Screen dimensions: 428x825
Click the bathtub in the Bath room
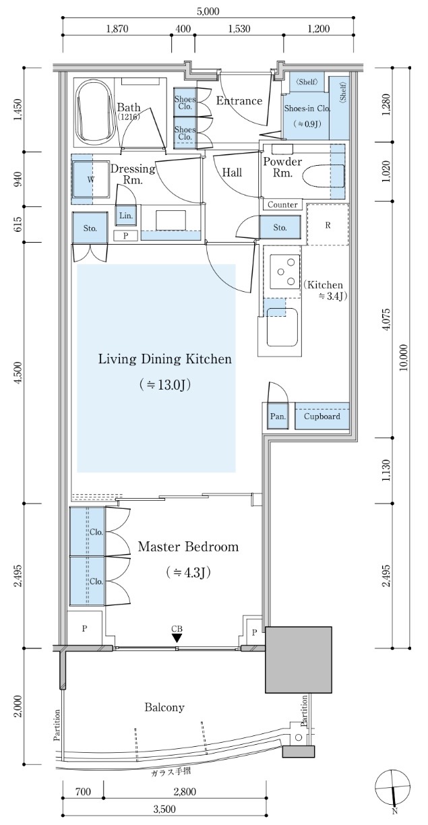[94, 114]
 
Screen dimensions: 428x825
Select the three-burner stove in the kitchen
[285, 272]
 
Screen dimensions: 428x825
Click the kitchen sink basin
[282, 328]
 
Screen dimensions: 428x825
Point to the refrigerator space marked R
[328, 224]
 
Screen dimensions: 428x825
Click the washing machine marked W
[91, 179]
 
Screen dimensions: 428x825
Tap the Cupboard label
[322, 417]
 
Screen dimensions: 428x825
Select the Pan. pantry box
[278, 416]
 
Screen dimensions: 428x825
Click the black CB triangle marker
[177, 638]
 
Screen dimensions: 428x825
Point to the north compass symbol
[393, 787]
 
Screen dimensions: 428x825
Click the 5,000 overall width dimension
[208, 11]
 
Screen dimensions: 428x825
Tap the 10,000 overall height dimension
[404, 357]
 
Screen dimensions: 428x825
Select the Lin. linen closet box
[126, 216]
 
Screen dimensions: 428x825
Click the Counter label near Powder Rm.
[282, 205]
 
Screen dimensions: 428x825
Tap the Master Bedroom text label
[188, 547]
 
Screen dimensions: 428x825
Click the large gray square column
[299, 660]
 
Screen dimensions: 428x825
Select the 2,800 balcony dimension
[185, 790]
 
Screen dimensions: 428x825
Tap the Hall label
[232, 173]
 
